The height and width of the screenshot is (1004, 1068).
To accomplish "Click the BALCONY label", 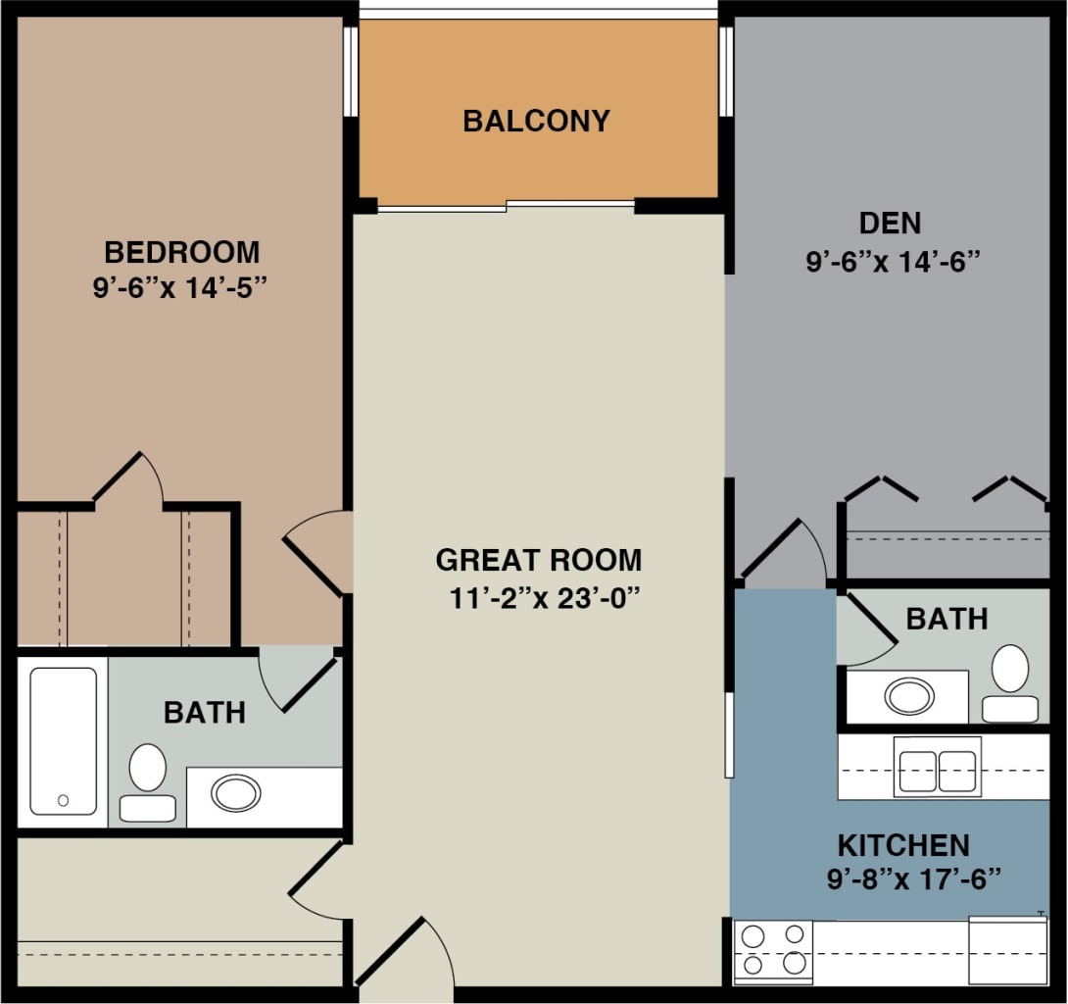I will (x=536, y=121).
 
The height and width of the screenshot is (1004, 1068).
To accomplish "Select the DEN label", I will (x=890, y=224).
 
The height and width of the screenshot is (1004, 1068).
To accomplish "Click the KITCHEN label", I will (x=902, y=845).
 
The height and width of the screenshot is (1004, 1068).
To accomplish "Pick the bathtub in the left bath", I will (x=63, y=741).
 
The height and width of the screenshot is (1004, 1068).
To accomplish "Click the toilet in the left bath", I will (x=148, y=779).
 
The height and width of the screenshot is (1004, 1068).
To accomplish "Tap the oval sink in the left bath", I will (x=236, y=792).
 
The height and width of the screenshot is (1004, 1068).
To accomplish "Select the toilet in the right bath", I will (x=1010, y=683).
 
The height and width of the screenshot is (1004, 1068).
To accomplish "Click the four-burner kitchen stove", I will (x=773, y=951).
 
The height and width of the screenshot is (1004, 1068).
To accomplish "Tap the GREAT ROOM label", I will (x=539, y=561).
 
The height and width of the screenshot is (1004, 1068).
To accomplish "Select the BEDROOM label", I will (x=182, y=253).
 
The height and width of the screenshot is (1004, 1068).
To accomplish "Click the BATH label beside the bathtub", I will (x=205, y=712).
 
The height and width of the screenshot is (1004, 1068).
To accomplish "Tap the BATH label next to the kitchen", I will (x=946, y=619).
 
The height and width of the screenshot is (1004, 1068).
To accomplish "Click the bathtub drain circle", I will (x=64, y=800).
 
